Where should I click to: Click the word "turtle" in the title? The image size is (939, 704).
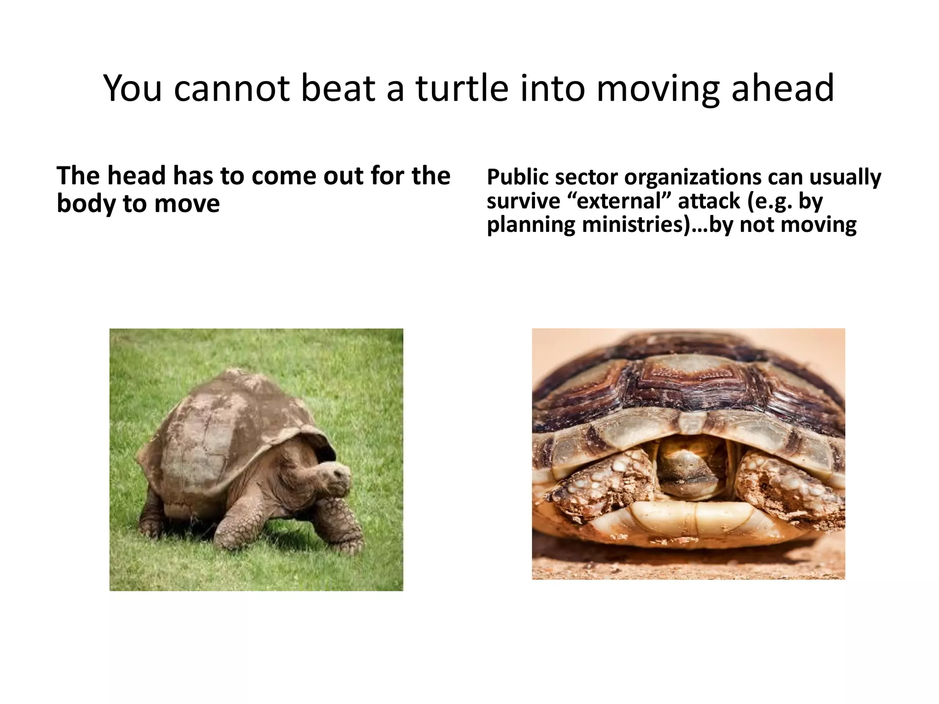[x=461, y=88]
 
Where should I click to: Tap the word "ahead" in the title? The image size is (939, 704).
[x=782, y=88]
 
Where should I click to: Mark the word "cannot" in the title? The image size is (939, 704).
[x=232, y=88]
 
